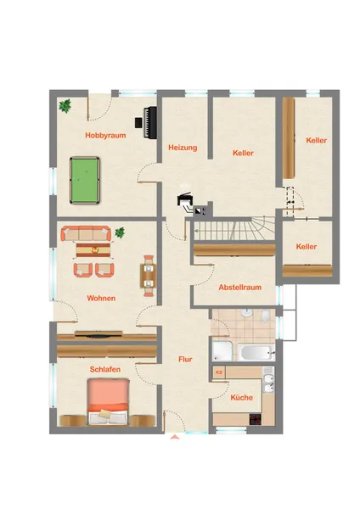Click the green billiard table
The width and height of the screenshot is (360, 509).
tap(85, 181)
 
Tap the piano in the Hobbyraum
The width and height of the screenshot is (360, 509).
tap(149, 122)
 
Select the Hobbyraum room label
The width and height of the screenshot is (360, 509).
tap(105, 136)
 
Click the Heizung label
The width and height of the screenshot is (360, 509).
tap(183, 148)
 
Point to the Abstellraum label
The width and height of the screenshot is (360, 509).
tap(239, 288)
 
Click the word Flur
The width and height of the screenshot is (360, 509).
tap(185, 360)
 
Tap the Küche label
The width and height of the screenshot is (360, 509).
tap(241, 397)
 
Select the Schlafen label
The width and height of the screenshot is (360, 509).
tap(105, 369)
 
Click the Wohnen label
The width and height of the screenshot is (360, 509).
tap(101, 298)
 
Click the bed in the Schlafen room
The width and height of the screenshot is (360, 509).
tap(108, 401)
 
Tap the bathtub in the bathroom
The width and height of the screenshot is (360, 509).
tap(256, 352)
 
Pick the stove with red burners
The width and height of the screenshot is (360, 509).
tap(256, 419)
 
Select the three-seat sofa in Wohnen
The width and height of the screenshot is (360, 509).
tap(86, 233)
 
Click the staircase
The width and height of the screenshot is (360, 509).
tap(234, 229)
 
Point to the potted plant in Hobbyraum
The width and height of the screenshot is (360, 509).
tap(65, 106)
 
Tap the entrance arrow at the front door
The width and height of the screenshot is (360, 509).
tap(175, 437)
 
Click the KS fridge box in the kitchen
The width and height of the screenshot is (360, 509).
tap(219, 372)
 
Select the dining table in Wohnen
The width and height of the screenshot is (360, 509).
tap(149, 276)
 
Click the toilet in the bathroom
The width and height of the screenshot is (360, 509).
tap(265, 316)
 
